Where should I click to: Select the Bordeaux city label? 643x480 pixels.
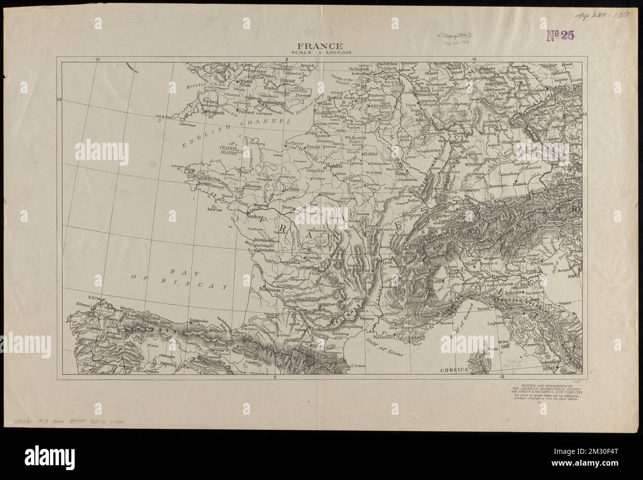pos(270,291)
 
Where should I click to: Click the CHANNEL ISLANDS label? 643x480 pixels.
pos(229,150)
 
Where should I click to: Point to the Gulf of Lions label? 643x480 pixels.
pos(384,349)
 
